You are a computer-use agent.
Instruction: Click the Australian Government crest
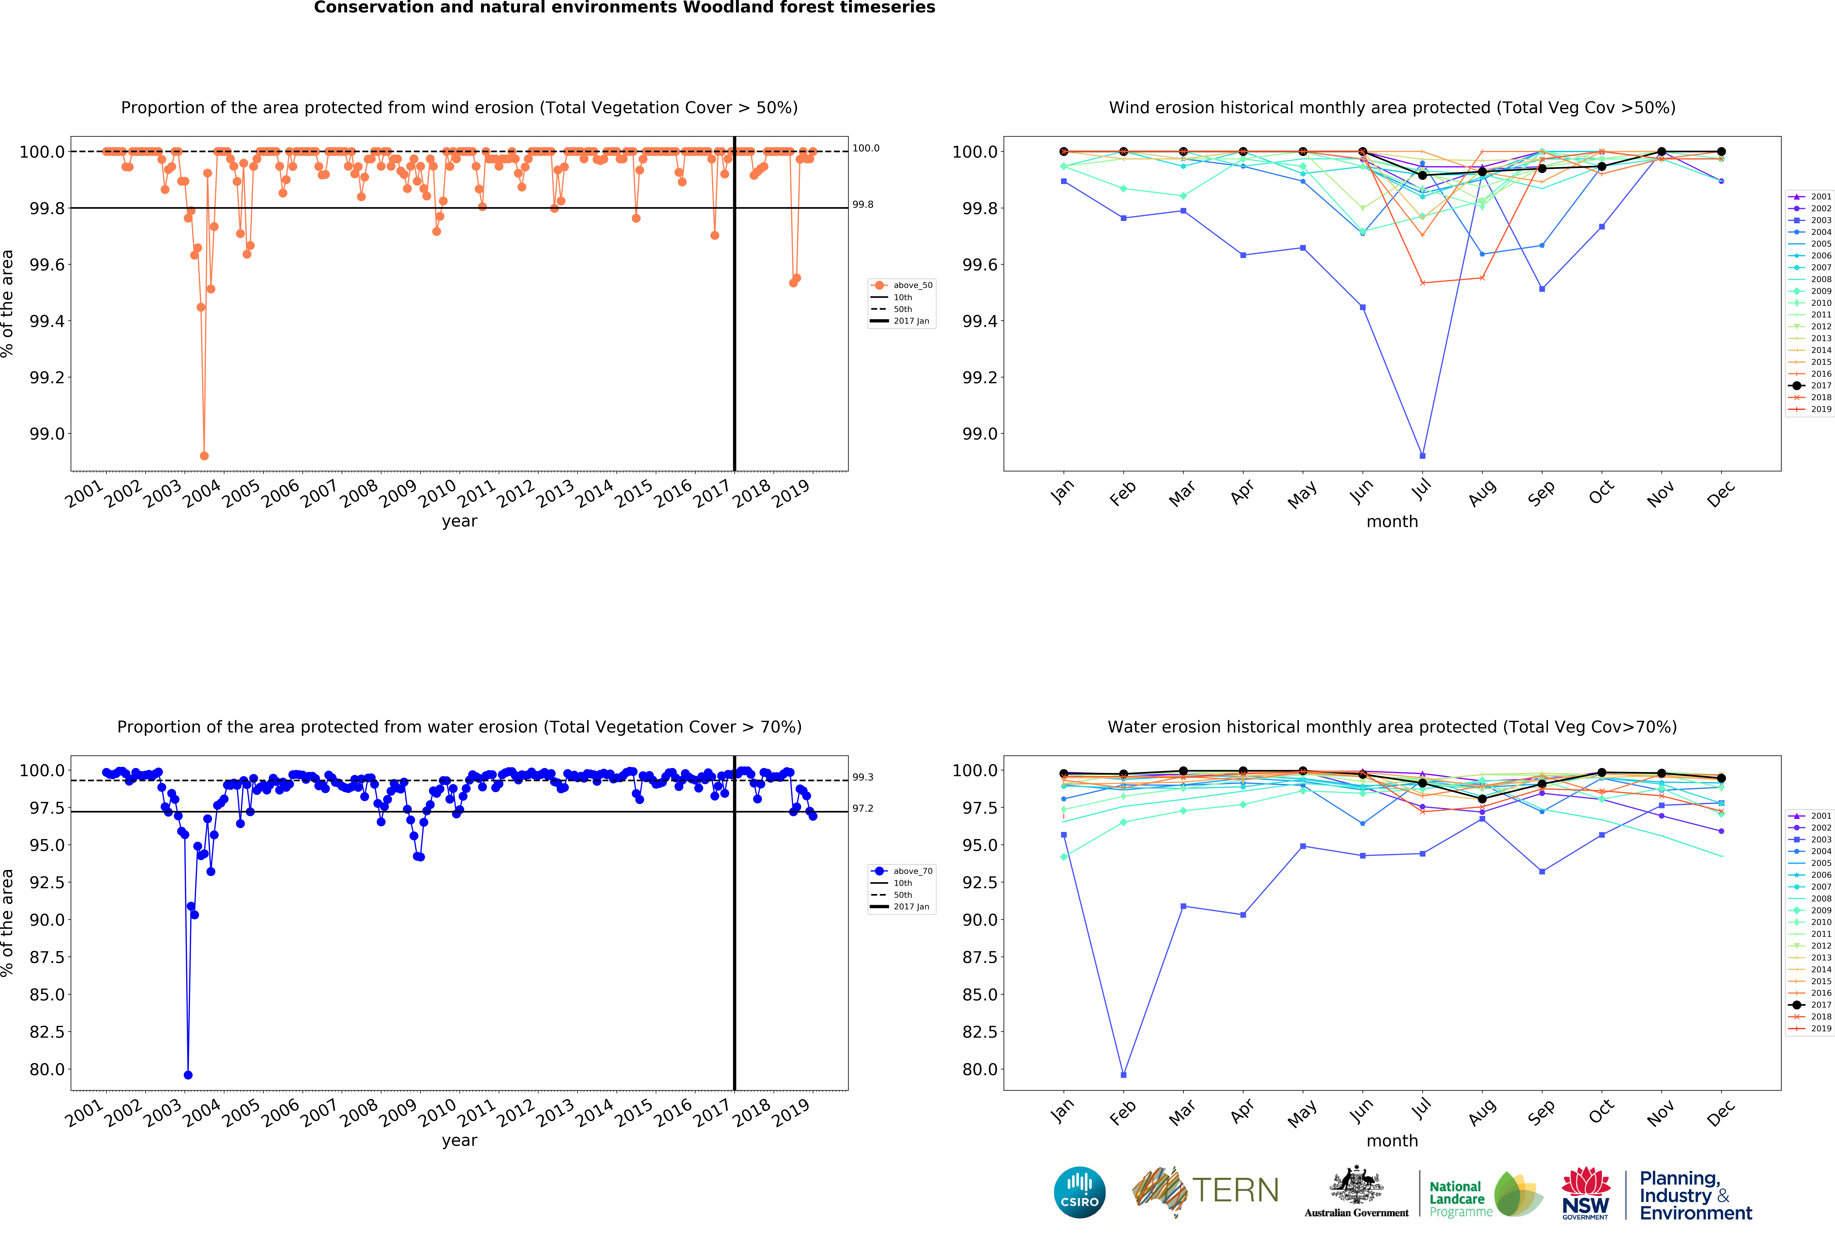pyautogui.click(x=1356, y=1185)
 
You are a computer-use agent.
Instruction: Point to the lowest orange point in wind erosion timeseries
pyautogui.click(x=204, y=456)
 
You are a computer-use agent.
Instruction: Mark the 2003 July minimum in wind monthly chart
pyautogui.click(x=1422, y=456)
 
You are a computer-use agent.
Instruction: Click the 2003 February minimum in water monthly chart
pyautogui.click(x=1124, y=1075)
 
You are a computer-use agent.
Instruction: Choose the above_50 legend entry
pyautogui.click(x=912, y=285)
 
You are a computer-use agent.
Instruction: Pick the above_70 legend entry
pyautogui.click(x=912, y=871)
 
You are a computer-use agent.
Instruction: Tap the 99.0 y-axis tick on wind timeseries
pyautogui.click(x=47, y=434)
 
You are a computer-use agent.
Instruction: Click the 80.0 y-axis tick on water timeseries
pyautogui.click(x=47, y=1069)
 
